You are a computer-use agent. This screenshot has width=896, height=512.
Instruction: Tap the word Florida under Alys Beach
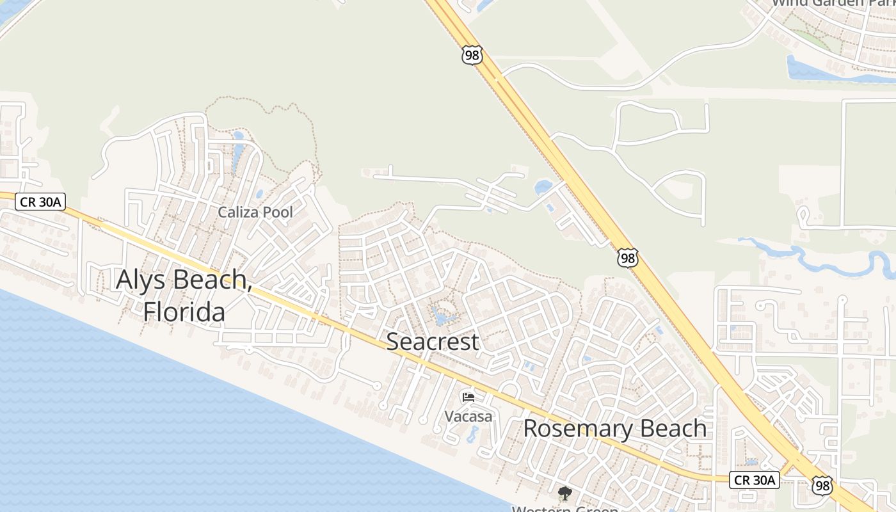coord(184,312)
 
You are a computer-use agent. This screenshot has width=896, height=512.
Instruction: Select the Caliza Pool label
coord(255,212)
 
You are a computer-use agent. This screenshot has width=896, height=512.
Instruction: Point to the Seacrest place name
coord(432,342)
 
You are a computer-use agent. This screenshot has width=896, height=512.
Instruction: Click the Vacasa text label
coord(468,417)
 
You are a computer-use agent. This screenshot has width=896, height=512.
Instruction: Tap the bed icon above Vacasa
coord(468,397)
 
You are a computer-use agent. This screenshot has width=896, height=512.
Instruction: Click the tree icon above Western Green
coord(564,493)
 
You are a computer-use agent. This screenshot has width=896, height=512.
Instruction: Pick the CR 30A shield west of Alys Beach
coord(40,202)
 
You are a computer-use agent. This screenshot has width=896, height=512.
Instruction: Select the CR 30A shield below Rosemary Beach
coord(755,479)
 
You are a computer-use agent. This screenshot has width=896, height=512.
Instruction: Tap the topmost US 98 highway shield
coord(472,56)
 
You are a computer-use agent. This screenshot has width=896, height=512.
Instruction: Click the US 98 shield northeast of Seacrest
coord(628,258)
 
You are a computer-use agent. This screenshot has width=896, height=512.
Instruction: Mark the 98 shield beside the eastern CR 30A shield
coord(822,484)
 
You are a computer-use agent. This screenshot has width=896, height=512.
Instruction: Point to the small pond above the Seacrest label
coord(443,316)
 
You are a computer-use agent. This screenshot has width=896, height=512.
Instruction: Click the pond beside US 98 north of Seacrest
coord(543,187)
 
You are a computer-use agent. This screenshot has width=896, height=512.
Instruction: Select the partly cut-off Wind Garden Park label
coord(832,3)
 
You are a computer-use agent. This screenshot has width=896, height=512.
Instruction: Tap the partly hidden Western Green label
coord(564,509)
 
